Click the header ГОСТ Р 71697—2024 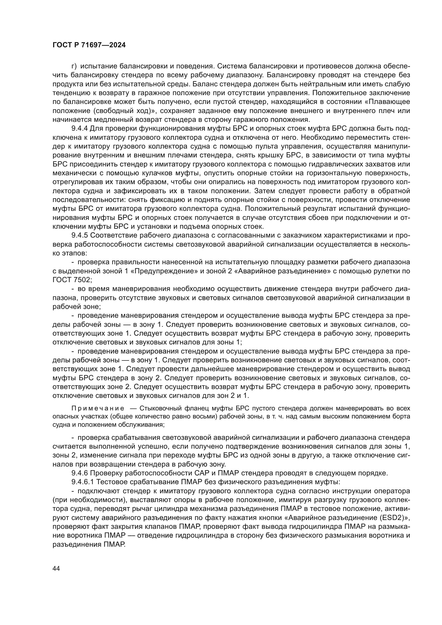pyautogui.click(x=89, y=45)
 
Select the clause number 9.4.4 pyautogui.click(x=79, y=129)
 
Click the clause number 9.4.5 pyautogui.click(x=79, y=235)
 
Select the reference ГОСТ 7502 pyautogui.click(x=71, y=280)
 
